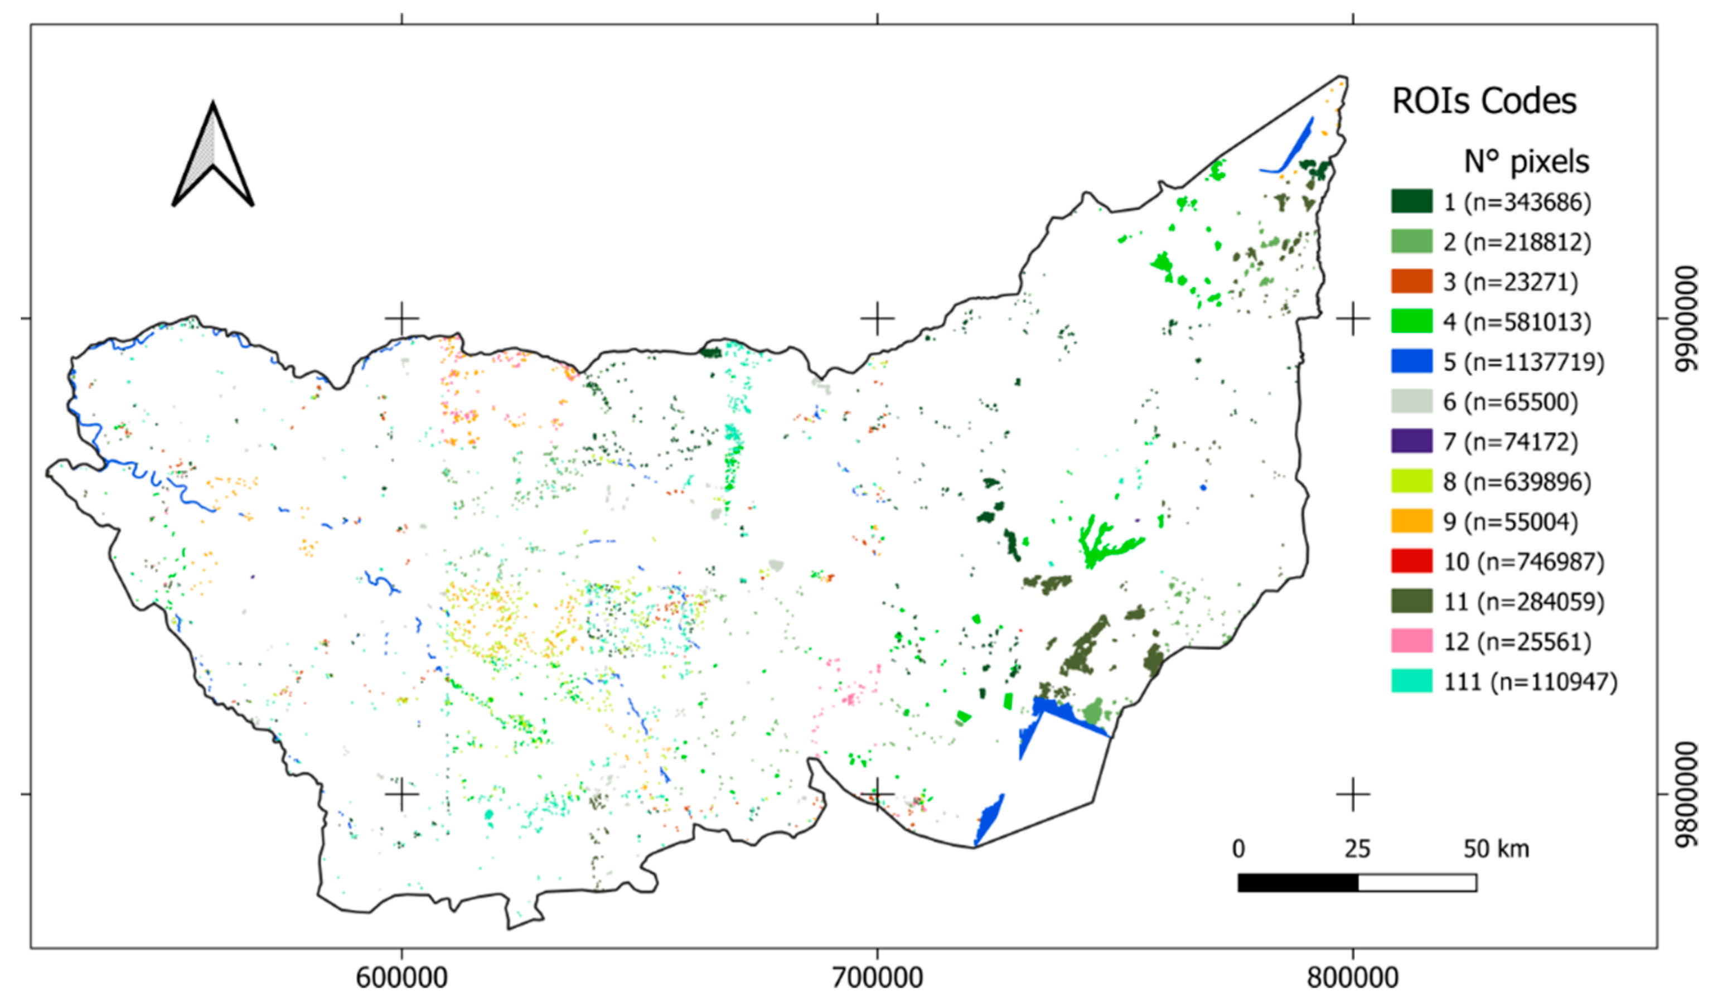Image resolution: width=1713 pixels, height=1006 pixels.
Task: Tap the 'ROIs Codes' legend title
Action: click(x=1484, y=102)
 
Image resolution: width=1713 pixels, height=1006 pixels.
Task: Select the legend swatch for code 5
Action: click(x=1412, y=361)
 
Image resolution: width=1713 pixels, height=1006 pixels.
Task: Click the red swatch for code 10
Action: click(x=1412, y=562)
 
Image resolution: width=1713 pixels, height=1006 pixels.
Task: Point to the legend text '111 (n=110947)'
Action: click(x=1530, y=682)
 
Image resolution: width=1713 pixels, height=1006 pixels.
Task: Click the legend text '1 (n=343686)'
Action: click(x=1517, y=202)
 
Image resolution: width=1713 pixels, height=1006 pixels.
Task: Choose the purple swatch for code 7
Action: click(x=1412, y=441)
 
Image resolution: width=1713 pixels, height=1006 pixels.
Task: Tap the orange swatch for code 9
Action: click(x=1412, y=521)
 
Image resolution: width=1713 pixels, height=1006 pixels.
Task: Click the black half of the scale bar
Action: click(x=1298, y=883)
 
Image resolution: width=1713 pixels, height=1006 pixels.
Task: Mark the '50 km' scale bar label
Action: click(x=1496, y=849)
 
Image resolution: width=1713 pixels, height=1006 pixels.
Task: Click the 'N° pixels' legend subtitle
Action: click(x=1526, y=162)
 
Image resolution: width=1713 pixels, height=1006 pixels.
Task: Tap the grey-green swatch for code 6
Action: click(x=1412, y=402)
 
